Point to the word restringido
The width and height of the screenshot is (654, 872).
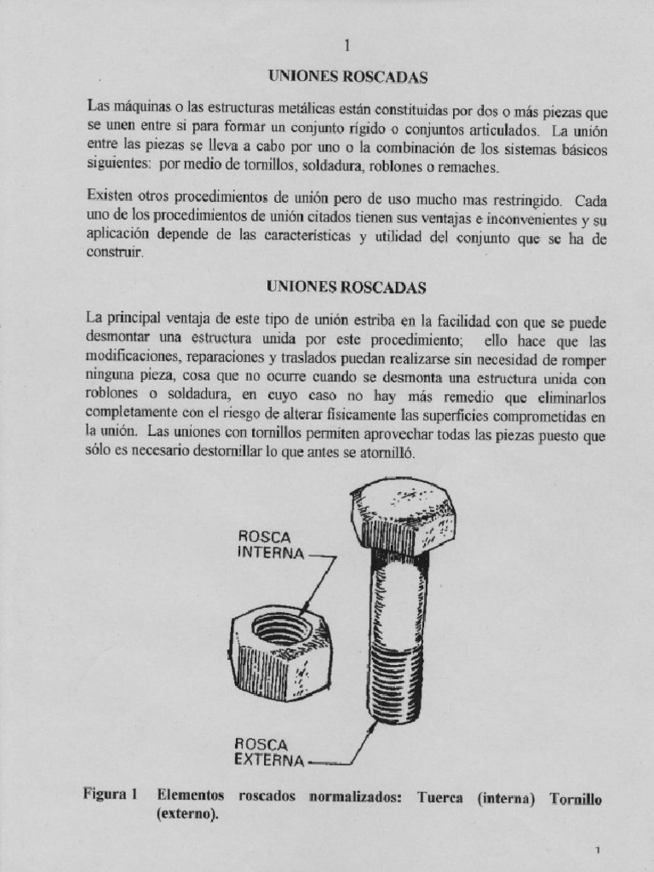(x=521, y=202)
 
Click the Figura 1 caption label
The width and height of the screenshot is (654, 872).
(x=110, y=795)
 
